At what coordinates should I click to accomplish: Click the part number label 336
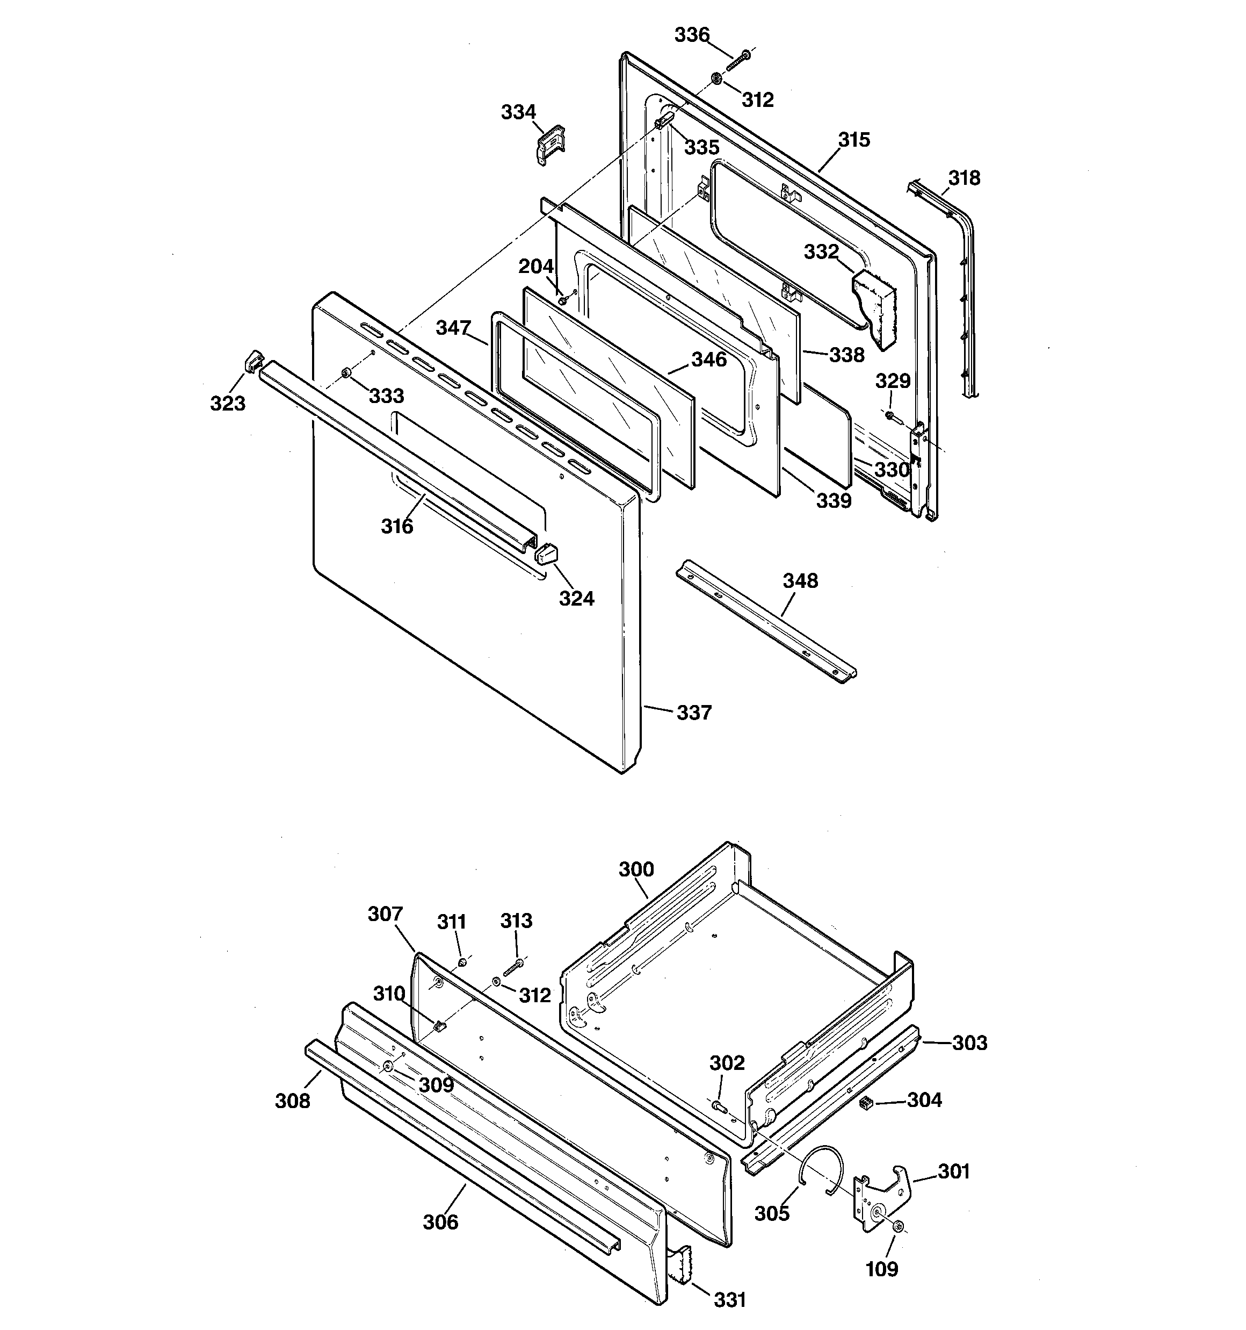(692, 35)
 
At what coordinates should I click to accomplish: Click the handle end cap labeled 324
(546, 553)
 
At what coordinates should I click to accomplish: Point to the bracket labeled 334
(551, 144)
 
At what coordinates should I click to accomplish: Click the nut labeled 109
(898, 1226)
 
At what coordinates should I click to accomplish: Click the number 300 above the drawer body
(636, 869)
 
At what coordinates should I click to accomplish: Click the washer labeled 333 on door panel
(346, 372)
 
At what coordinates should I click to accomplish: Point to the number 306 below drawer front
(441, 1223)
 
